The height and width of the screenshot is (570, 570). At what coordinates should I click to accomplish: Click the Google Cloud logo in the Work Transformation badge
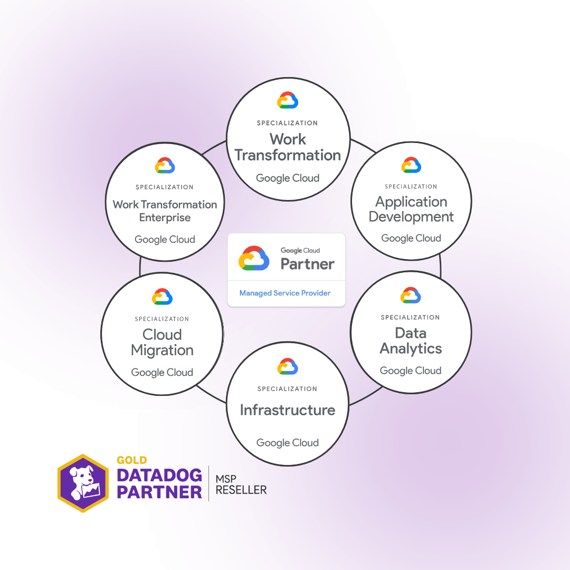click(x=288, y=100)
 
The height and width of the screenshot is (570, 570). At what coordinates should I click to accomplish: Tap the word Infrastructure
click(x=288, y=410)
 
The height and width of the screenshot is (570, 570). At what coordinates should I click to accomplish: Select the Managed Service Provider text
click(x=285, y=293)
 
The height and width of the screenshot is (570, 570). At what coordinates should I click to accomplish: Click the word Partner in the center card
click(x=308, y=264)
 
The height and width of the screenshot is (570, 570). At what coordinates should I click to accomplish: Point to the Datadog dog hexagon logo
click(x=83, y=483)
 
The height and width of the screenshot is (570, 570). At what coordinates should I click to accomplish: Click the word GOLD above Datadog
click(x=131, y=460)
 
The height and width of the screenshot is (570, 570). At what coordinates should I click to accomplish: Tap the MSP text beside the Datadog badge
click(x=226, y=479)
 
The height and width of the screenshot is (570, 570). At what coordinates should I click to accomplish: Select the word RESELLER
click(x=241, y=490)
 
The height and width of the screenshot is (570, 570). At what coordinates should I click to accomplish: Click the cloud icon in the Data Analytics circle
click(x=411, y=295)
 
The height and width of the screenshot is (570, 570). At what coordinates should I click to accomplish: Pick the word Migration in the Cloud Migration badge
click(x=162, y=350)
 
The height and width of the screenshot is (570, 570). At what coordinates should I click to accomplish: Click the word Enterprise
click(x=165, y=217)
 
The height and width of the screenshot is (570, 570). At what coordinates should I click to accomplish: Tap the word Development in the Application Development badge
click(x=411, y=217)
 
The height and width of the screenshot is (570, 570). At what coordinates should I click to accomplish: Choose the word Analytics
click(x=411, y=349)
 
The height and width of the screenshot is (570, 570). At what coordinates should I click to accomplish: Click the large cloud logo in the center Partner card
click(x=254, y=259)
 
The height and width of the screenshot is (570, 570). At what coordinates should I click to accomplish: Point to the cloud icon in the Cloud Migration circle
click(x=162, y=297)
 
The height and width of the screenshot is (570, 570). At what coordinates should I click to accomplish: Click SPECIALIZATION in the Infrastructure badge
click(x=287, y=389)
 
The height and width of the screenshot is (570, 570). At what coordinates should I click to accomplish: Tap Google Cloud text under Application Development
click(x=411, y=238)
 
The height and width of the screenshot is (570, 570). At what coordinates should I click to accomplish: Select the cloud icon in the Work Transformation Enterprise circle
click(x=165, y=165)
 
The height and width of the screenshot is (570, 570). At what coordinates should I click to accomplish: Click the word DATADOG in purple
click(x=159, y=476)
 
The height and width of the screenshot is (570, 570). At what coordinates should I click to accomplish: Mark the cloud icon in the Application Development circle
click(x=411, y=165)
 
